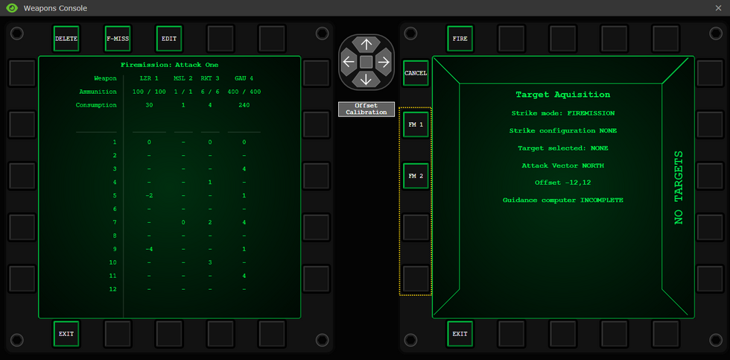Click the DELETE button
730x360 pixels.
point(66,39)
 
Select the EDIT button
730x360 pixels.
point(169,39)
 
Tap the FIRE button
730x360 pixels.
point(460,39)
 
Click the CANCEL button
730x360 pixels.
point(416,73)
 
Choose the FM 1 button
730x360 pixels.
point(416,124)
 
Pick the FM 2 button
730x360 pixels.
point(416,176)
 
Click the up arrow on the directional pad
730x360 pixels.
point(366,45)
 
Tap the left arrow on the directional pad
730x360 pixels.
point(349,61)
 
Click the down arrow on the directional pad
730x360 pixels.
point(366,79)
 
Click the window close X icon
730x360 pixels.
point(718,8)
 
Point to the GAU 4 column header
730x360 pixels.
point(244,78)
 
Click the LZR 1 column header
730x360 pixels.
point(149,78)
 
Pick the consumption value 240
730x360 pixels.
point(244,105)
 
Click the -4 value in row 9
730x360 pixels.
point(149,249)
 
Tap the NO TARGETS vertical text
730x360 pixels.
point(679,187)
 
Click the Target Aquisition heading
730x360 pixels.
point(563,95)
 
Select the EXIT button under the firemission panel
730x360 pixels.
point(66,334)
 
